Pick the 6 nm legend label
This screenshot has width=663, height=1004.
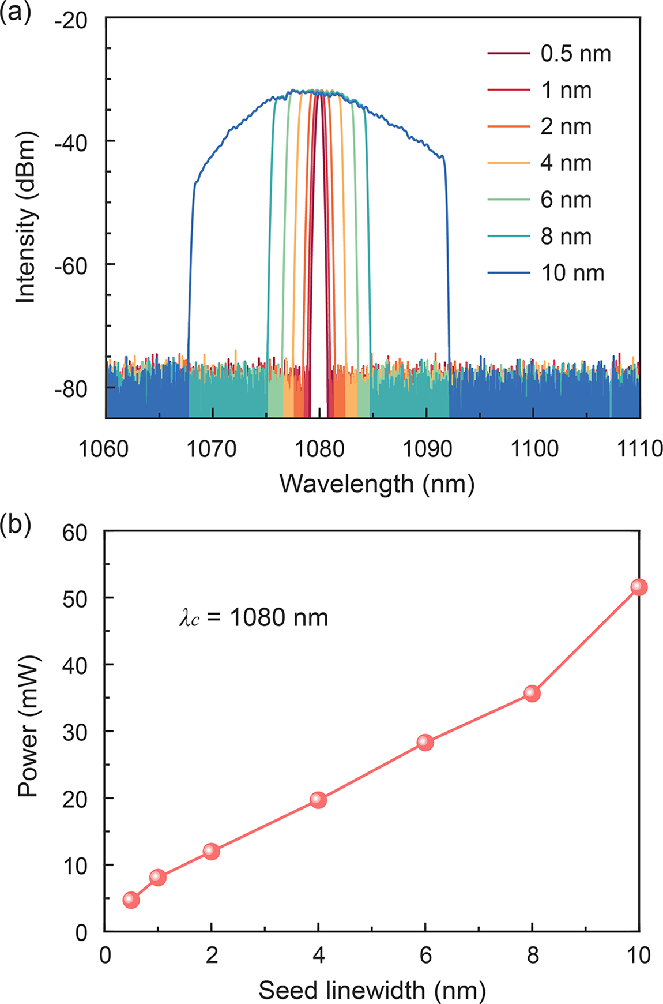(566, 200)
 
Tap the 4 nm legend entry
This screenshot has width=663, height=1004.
(566, 163)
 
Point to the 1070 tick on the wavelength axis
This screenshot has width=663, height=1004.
(212, 448)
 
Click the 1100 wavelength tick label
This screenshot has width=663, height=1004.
(534, 448)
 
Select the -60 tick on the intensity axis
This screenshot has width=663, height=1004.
(70, 265)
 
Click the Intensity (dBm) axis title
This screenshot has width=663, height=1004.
(27, 218)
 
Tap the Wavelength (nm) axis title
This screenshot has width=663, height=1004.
(377, 484)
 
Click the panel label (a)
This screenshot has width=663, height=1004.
(15, 11)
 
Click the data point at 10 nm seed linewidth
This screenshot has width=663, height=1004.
(639, 587)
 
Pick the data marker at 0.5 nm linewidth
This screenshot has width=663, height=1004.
(131, 900)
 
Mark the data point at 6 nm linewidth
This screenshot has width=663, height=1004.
(425, 742)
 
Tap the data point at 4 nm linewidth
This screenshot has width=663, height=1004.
(318, 800)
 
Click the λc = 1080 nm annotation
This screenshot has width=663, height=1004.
(254, 618)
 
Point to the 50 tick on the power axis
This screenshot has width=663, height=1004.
(74, 599)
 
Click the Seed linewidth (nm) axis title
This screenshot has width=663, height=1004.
(372, 990)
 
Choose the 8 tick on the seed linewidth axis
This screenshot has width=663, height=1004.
(532, 956)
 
